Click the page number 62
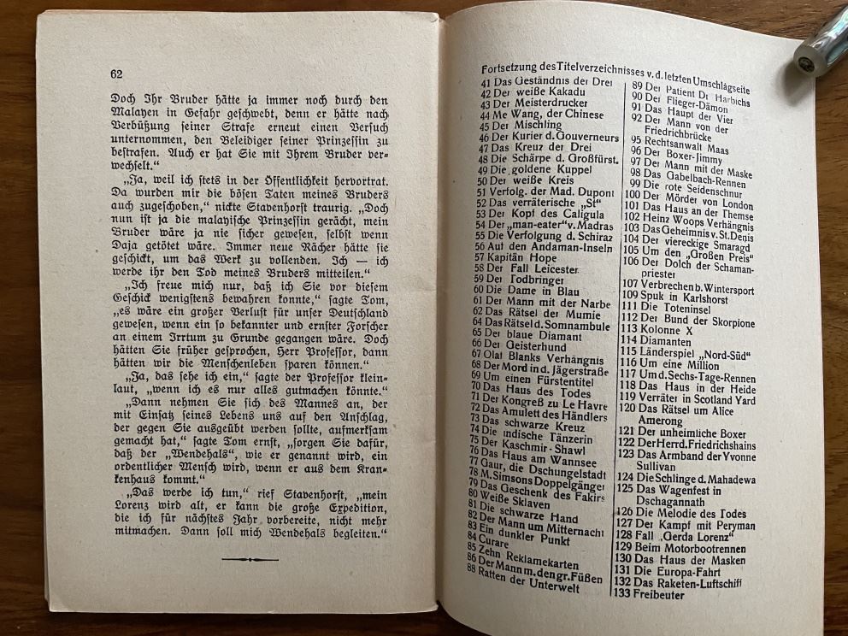[116, 74]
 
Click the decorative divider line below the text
[250, 559]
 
